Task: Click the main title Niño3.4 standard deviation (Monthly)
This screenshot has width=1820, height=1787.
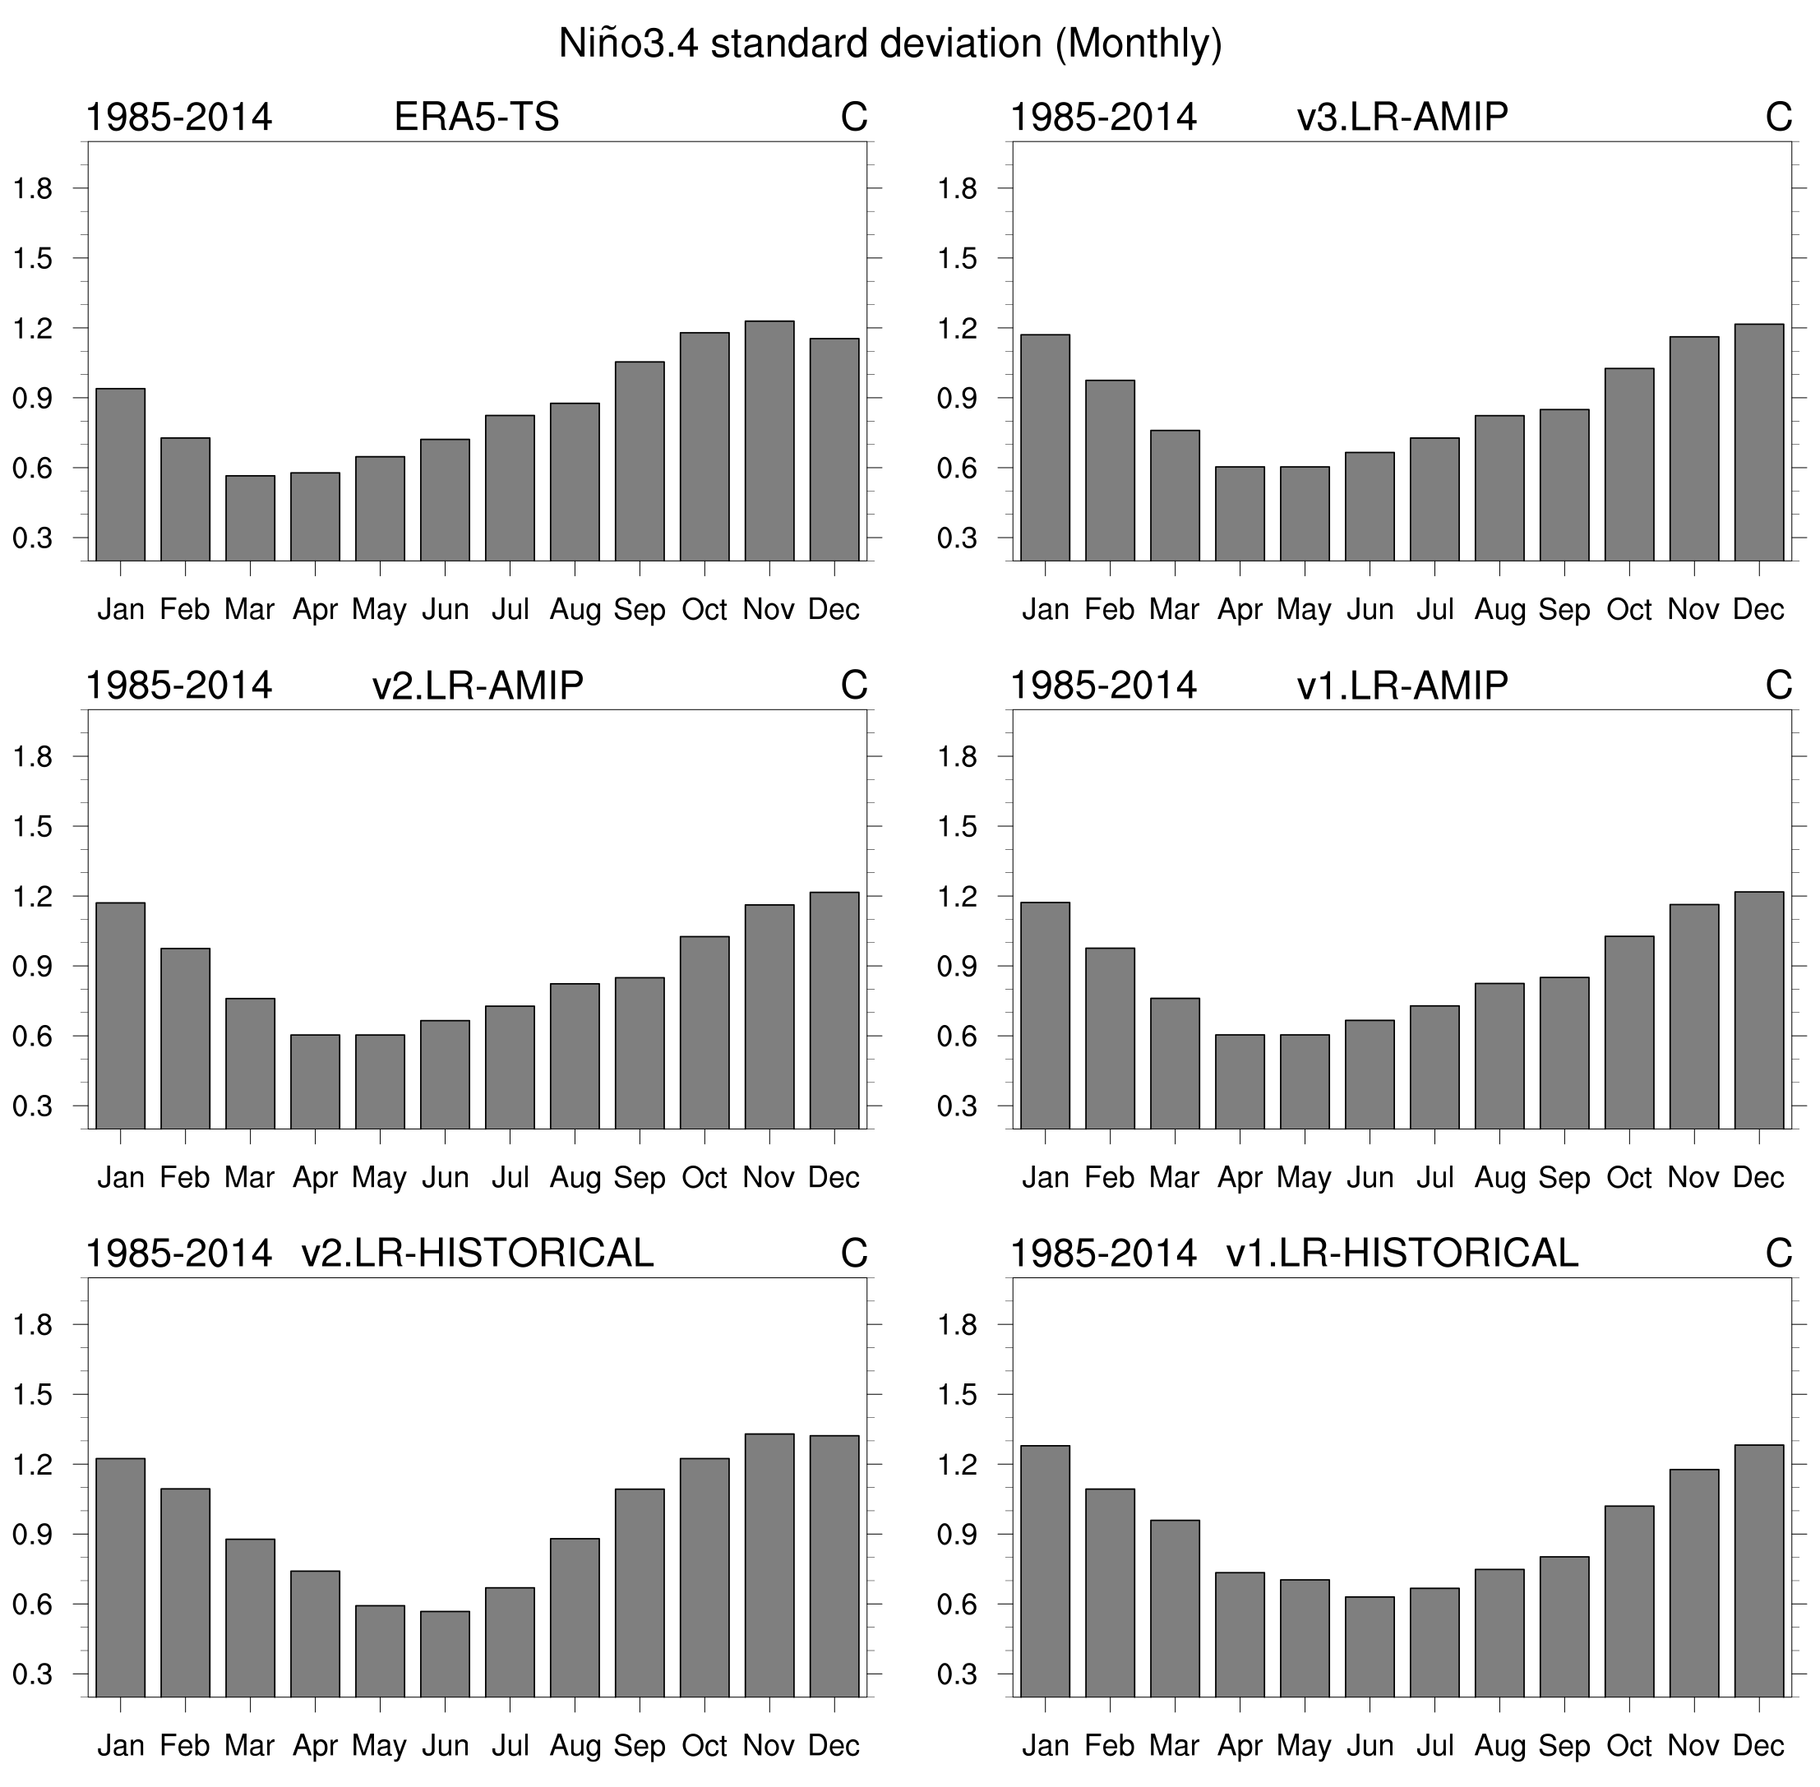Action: [889, 44]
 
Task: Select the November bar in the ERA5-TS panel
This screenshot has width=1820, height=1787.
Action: [769, 441]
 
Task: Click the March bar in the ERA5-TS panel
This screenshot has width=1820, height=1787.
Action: [250, 518]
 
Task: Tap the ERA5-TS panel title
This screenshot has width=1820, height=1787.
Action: [476, 118]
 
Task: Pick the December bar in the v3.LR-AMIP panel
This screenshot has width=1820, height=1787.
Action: [1758, 442]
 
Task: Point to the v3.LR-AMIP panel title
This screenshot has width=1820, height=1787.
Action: [1402, 118]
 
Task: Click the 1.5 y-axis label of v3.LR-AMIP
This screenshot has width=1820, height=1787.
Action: [957, 259]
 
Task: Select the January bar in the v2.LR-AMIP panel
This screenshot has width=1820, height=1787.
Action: [120, 1015]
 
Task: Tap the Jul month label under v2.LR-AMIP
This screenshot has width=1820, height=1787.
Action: [510, 1178]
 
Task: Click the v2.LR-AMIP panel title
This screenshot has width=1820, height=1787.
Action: [477, 686]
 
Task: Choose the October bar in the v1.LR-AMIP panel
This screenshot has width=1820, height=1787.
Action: [1628, 1032]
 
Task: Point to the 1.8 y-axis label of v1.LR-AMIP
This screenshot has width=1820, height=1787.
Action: [957, 757]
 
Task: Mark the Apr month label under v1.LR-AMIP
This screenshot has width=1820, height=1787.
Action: [1239, 1178]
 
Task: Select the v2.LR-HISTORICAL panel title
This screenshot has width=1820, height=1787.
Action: [477, 1254]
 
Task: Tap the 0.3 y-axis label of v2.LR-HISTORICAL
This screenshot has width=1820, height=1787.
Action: [32, 1675]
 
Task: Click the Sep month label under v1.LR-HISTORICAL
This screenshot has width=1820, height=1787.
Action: [1564, 1746]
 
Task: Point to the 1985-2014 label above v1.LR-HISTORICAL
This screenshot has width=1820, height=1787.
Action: [1103, 1254]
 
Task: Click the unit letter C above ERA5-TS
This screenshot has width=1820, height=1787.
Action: [853, 118]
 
